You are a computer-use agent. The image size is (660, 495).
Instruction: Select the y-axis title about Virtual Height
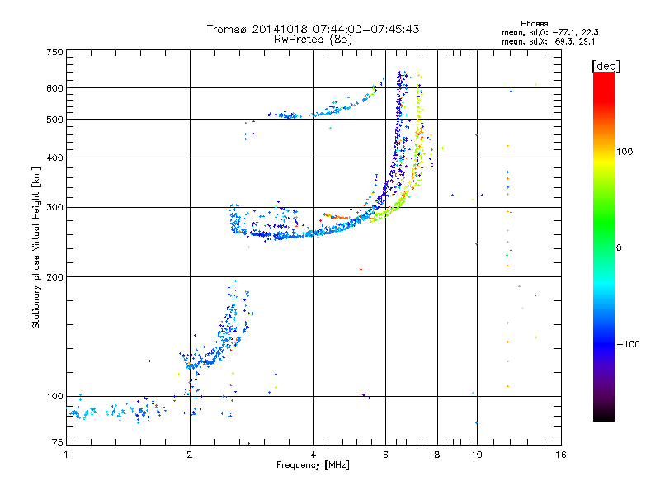(x=36, y=247)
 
